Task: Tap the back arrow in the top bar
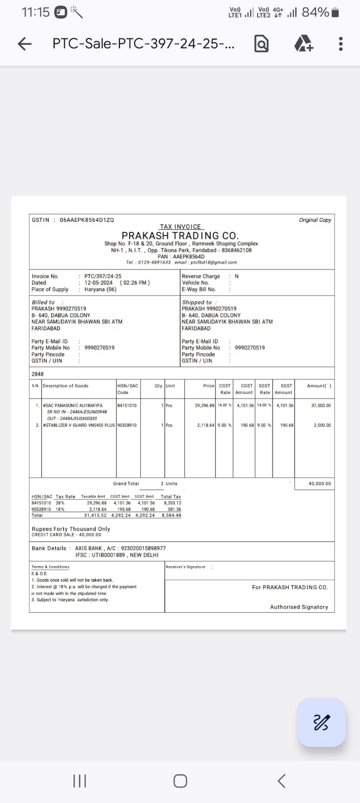pos(25,44)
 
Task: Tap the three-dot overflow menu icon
pos(341,44)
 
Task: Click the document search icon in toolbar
pos(262,44)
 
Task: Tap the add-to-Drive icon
pos(303,44)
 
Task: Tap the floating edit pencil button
pos(321,723)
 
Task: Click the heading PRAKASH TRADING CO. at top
pos(180,235)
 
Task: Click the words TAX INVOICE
pos(180,227)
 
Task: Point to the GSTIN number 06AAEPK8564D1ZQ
pos(87,220)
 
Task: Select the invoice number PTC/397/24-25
pos(103,276)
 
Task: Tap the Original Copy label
pos(315,220)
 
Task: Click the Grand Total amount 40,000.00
pos(320,484)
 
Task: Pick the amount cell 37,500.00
pos(321,406)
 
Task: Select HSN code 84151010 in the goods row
pos(127,406)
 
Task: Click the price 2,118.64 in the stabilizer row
pos(205,425)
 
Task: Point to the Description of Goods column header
pos(65,386)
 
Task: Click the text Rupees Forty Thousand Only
pos(71,529)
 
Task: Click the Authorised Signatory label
pos(299,607)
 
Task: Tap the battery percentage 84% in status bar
pos(315,12)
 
